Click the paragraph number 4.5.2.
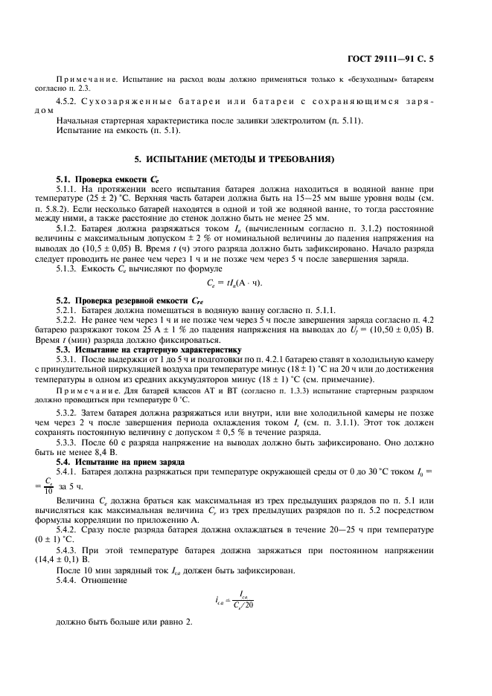coord(69,101)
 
